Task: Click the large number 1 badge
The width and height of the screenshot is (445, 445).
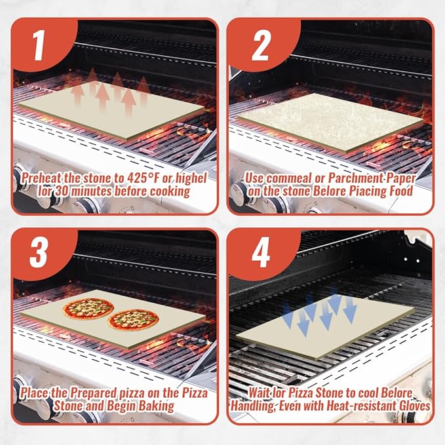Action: click(39, 45)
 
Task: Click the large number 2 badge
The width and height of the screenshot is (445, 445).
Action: click(260, 45)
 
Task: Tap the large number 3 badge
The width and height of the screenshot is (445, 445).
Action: click(39, 252)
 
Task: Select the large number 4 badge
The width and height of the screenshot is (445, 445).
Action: click(261, 252)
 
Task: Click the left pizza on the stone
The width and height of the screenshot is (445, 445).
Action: click(88, 309)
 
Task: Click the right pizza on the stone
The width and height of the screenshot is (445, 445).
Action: click(133, 320)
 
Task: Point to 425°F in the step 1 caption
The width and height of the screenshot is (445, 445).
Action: click(144, 178)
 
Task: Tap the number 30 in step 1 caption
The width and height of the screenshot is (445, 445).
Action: click(62, 191)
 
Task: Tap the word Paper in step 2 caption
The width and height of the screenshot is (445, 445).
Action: click(400, 178)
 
